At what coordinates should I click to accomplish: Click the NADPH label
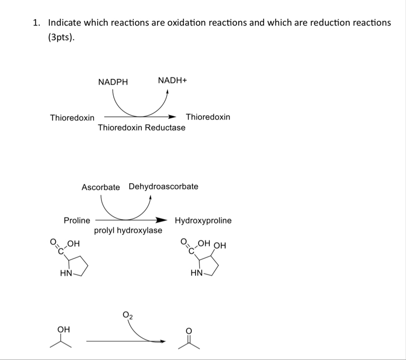coord(113,82)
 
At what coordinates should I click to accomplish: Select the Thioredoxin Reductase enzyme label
coord(141,127)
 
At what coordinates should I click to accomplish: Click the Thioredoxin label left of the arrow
coord(72,117)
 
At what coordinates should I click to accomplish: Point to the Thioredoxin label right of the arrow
coord(208,117)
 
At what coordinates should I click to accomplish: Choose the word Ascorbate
coord(100,187)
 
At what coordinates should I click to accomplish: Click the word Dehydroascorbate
coord(163,186)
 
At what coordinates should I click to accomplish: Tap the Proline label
coord(77,220)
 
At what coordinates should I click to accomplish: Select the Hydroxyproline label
coord(203,220)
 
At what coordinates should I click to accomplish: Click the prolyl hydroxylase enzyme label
coord(128,230)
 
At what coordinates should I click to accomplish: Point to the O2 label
coord(128,316)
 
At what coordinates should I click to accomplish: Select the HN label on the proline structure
coord(66,273)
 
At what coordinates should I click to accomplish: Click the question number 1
coord(36,23)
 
